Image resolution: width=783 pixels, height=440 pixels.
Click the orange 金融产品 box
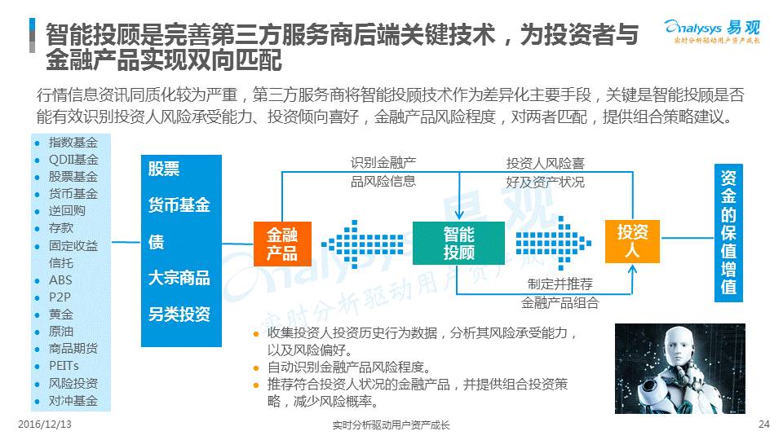[x=281, y=243]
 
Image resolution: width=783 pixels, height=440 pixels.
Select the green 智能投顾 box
[x=458, y=243]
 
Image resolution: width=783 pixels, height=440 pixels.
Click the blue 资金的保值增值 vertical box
[x=728, y=234]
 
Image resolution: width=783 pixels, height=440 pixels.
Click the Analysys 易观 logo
[x=710, y=30]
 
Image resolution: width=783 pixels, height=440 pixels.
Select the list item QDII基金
[x=73, y=159]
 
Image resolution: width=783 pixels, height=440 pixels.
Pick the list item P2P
[x=60, y=297]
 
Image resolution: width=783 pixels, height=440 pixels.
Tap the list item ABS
[x=60, y=279]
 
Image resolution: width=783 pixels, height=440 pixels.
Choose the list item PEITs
[x=64, y=366]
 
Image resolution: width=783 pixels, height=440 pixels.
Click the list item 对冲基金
[x=73, y=400]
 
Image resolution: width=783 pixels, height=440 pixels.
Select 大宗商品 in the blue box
[x=179, y=278]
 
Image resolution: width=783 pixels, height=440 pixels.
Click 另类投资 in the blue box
[x=179, y=315]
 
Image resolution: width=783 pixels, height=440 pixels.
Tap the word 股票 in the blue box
[x=164, y=169]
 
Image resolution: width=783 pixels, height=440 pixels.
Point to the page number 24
[x=764, y=425]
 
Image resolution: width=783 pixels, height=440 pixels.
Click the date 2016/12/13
[x=45, y=425]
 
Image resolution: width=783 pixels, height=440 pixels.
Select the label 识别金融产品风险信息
[x=383, y=172]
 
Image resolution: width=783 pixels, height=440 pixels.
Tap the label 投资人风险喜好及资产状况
[x=545, y=172]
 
